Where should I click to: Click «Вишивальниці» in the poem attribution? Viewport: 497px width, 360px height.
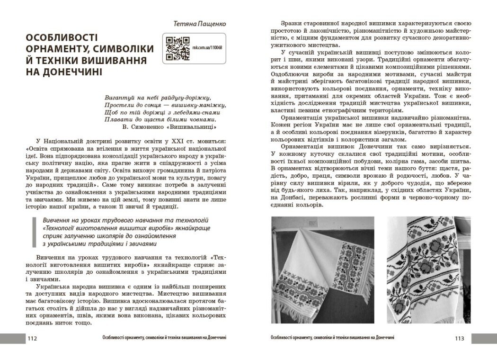(197, 128)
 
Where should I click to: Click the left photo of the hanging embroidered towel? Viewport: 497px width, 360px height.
(322, 270)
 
